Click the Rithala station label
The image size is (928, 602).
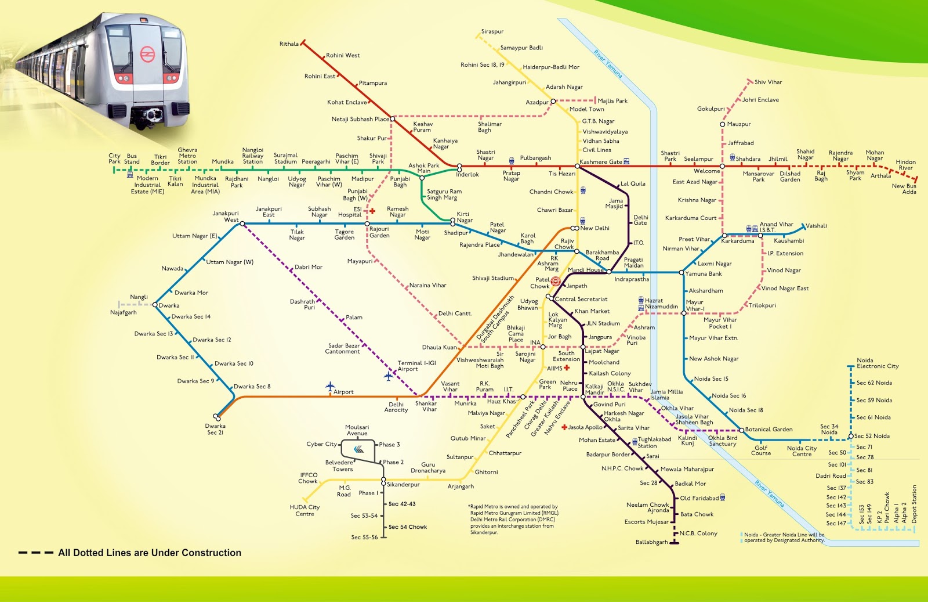(x=289, y=44)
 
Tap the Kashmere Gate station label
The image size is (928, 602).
(x=601, y=162)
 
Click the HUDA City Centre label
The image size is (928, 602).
(x=304, y=510)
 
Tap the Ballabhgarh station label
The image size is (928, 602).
(x=651, y=542)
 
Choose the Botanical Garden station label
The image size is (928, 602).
(x=768, y=430)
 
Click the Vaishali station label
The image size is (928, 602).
(x=816, y=226)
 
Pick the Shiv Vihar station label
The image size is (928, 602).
(x=768, y=82)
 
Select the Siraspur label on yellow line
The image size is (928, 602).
(x=492, y=32)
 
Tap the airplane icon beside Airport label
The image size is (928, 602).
(x=330, y=386)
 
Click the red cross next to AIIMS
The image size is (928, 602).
(x=567, y=368)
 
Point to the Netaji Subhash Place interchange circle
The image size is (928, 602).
(x=393, y=119)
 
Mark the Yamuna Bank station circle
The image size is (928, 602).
(x=682, y=272)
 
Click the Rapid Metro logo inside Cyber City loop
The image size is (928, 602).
(x=358, y=449)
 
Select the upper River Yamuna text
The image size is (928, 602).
(x=607, y=64)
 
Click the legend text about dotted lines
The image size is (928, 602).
(x=150, y=553)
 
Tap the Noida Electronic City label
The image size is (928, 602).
(x=878, y=363)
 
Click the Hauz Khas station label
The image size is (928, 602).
(x=501, y=401)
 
